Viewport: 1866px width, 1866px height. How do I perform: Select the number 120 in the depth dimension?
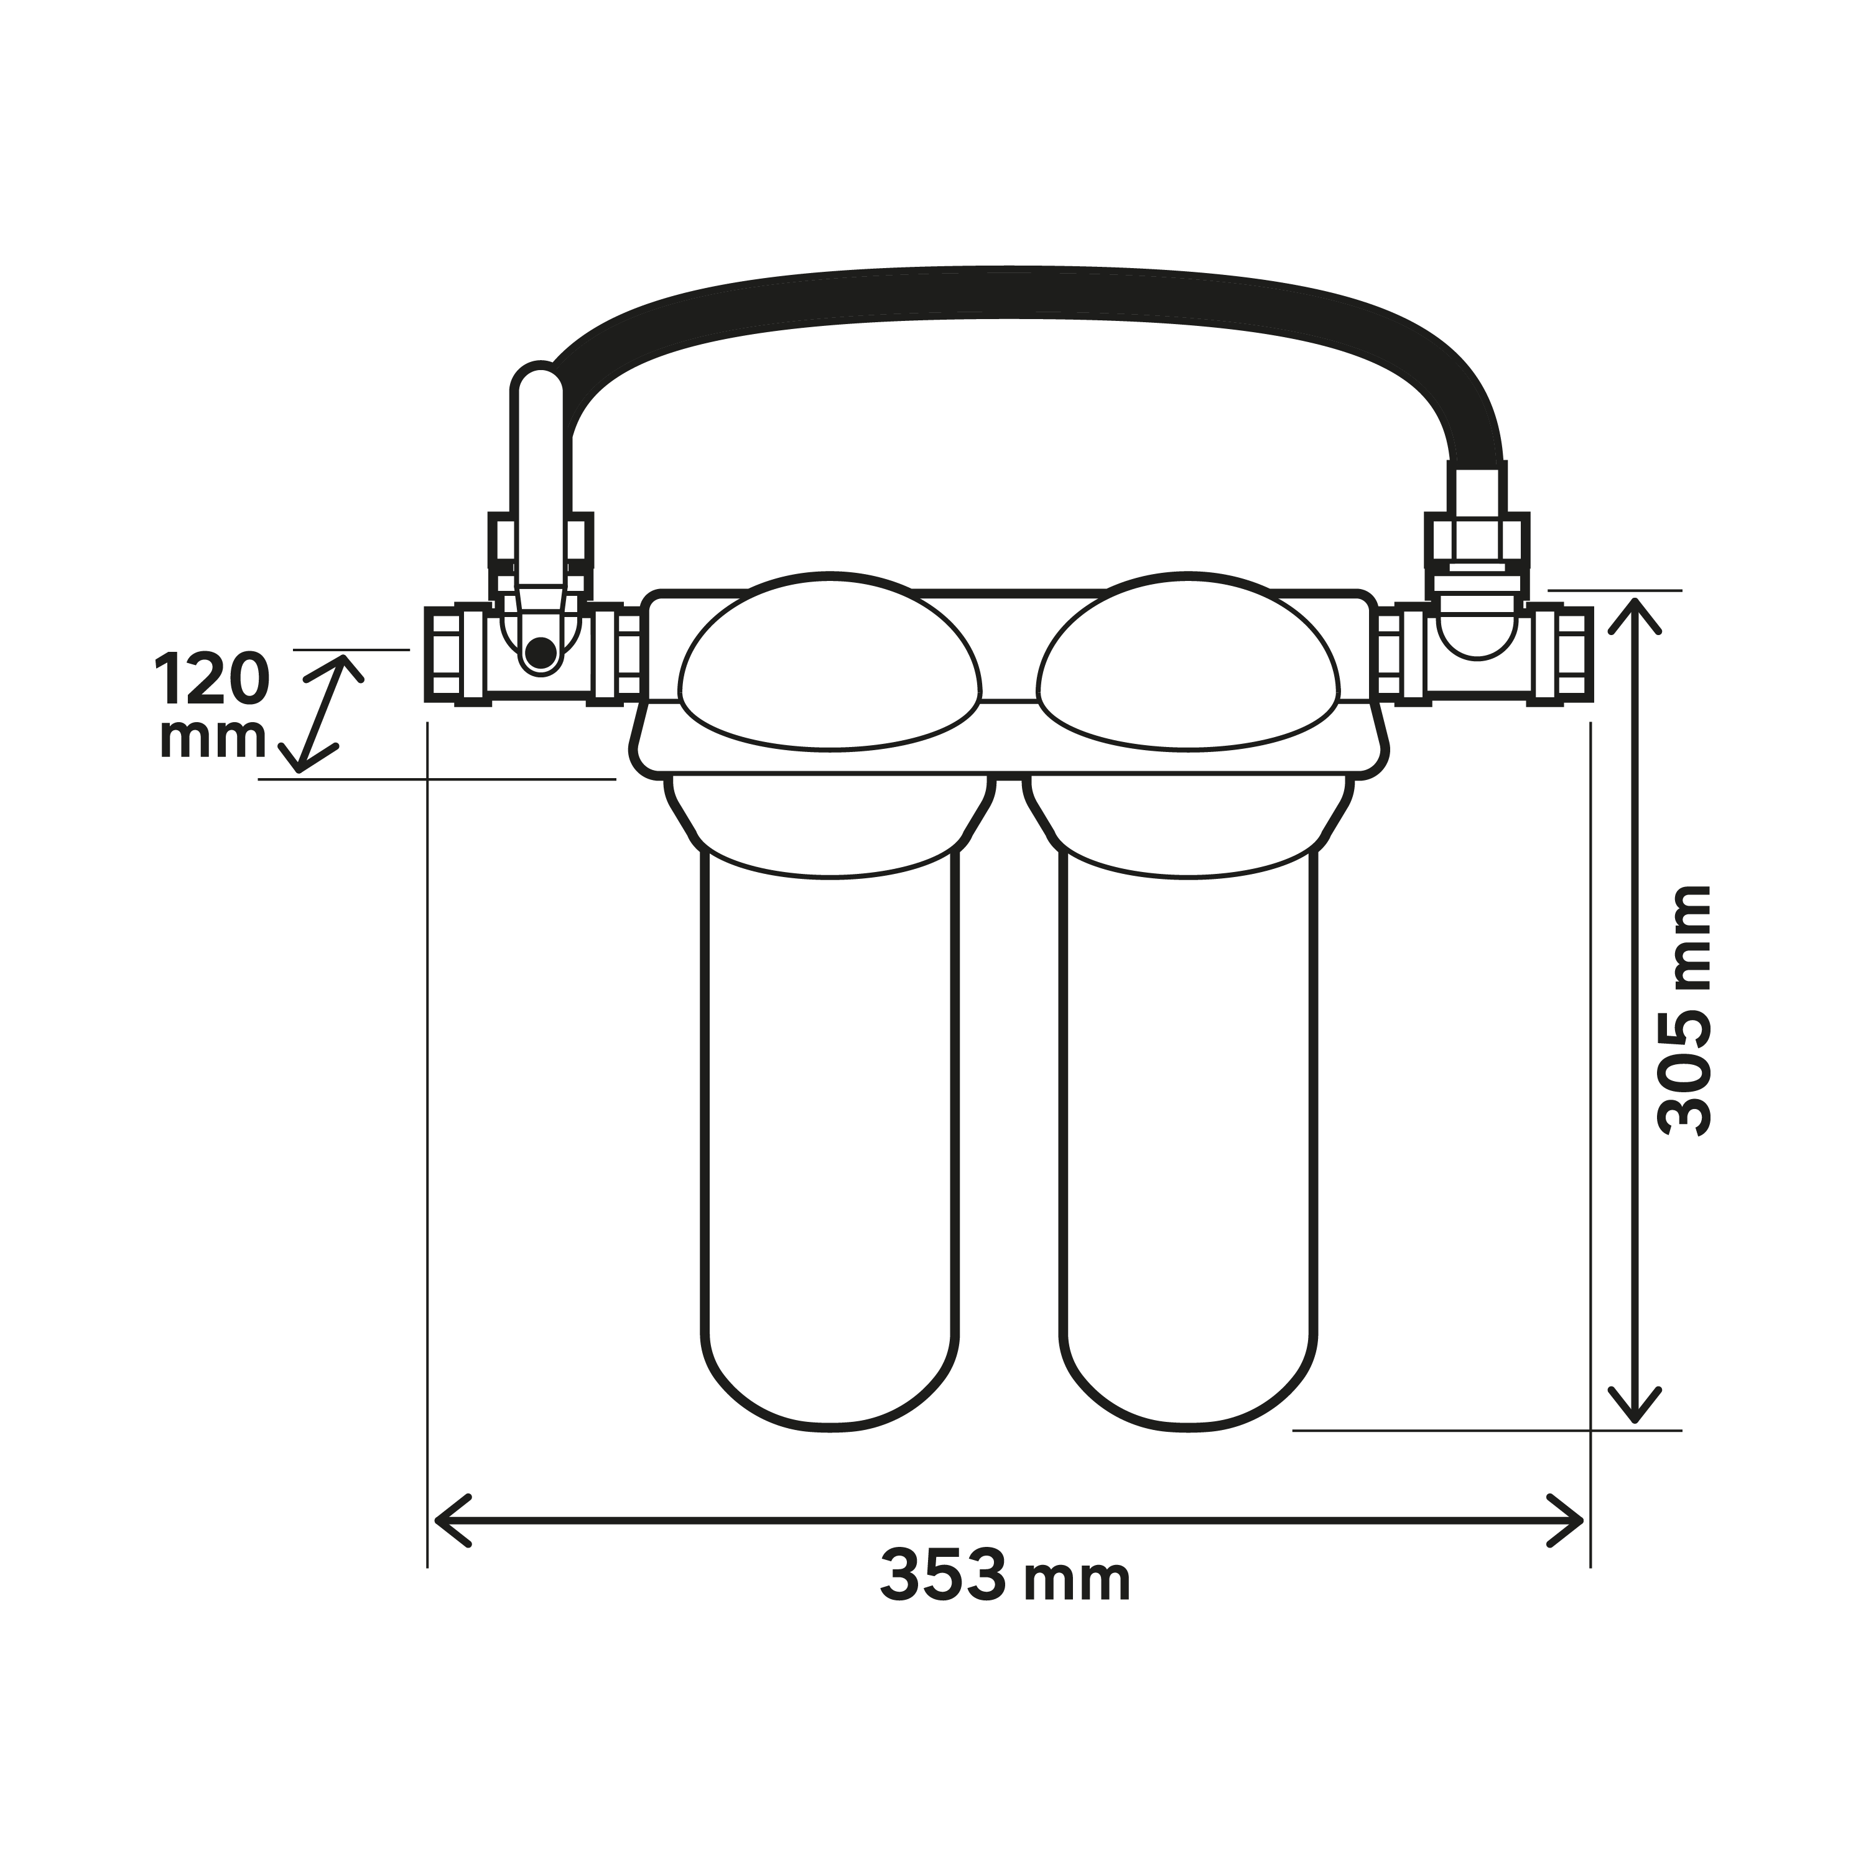(211, 679)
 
